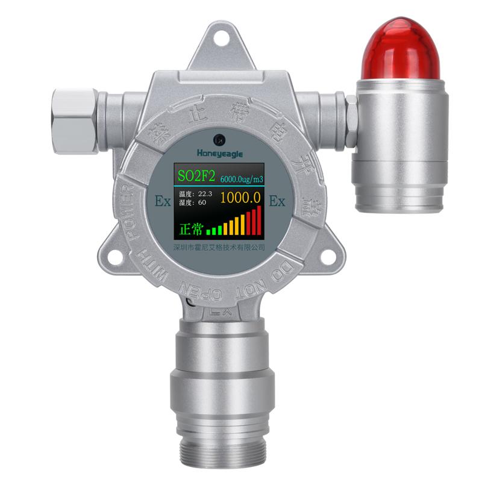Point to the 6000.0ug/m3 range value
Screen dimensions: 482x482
(241, 179)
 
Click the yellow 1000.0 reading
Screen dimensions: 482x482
(240, 197)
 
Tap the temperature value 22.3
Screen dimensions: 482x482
(206, 193)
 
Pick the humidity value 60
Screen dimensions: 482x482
(202, 203)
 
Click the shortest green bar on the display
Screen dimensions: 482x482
(208, 231)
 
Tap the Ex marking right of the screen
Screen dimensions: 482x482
(277, 202)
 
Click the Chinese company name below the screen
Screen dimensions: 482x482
(219, 248)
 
